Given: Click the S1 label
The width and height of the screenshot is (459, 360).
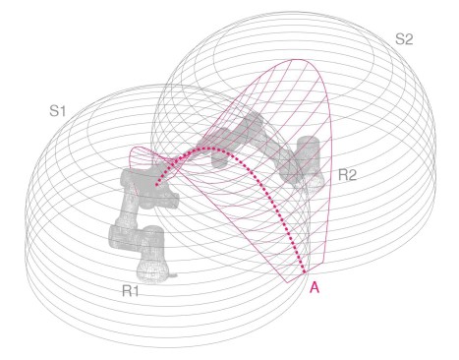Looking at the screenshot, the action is (x=58, y=111).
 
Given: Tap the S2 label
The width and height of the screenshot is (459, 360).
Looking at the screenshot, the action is (x=404, y=39).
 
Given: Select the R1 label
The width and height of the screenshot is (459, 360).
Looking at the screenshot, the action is (x=131, y=291).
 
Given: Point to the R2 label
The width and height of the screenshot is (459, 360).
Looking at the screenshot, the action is (x=347, y=175).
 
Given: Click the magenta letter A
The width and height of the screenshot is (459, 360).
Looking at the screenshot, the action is (x=315, y=287).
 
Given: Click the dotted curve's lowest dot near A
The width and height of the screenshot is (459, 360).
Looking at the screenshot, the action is (x=305, y=271).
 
